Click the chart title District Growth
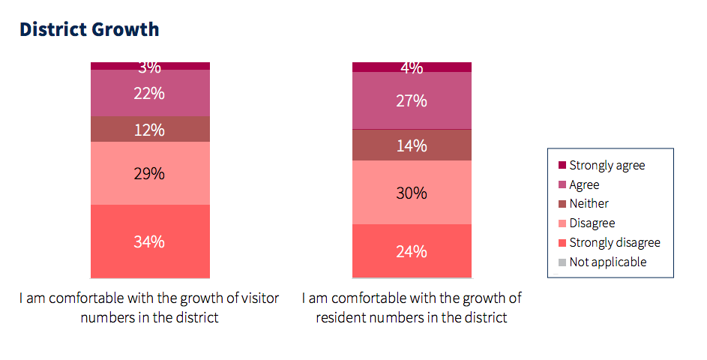89,29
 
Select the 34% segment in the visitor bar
150,241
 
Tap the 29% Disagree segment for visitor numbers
150,173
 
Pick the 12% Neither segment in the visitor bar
150,130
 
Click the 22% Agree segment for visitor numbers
150,93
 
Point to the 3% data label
150,67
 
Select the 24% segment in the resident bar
412,251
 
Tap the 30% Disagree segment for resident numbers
412,193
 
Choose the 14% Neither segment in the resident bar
412,145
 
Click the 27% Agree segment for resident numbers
412,100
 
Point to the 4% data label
412,68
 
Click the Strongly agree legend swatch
562,165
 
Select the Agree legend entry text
584,184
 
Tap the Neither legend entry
589,203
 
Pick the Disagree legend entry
592,223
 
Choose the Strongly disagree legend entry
615,242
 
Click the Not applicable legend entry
607,262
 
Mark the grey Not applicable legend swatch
562,262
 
